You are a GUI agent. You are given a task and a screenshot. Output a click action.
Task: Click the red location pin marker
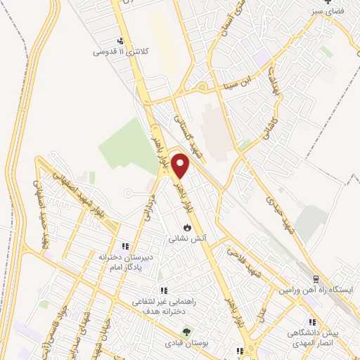(x=181, y=166)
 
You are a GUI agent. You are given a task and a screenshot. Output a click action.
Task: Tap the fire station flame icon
(x=186, y=228)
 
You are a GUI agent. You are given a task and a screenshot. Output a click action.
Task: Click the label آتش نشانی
(x=186, y=239)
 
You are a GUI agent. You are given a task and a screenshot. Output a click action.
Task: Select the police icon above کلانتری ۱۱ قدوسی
(x=121, y=40)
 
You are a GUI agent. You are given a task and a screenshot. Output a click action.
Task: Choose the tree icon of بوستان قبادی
(x=186, y=332)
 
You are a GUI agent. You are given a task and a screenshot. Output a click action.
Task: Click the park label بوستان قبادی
(x=186, y=343)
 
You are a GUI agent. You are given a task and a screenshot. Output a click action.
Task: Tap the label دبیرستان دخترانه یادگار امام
(x=125, y=262)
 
